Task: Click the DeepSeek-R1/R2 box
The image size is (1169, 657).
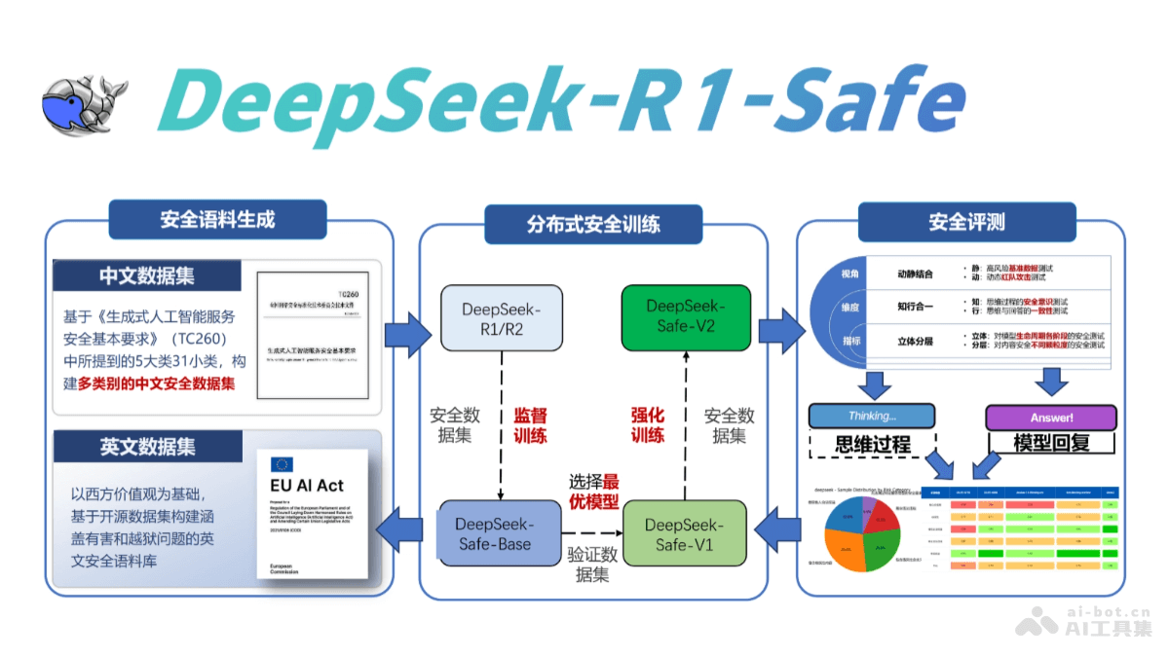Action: (x=501, y=318)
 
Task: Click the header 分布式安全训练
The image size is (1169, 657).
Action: (x=593, y=224)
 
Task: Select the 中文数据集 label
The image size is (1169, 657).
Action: (x=147, y=275)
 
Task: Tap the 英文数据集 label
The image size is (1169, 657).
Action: (x=147, y=446)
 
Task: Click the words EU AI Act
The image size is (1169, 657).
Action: (x=305, y=486)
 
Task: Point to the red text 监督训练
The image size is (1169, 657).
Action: (x=531, y=425)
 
